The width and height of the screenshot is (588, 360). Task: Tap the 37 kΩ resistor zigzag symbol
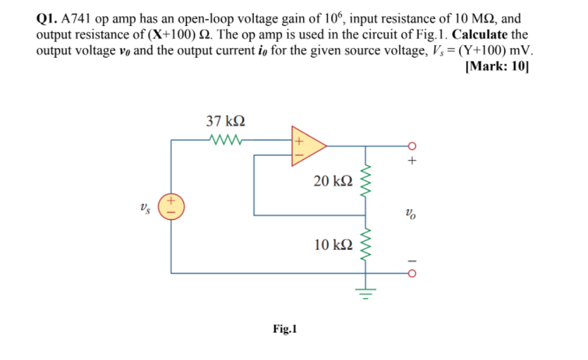[x=226, y=139]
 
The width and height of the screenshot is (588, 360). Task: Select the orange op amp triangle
[x=307, y=145]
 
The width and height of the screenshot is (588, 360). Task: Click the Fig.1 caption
[x=285, y=329]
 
